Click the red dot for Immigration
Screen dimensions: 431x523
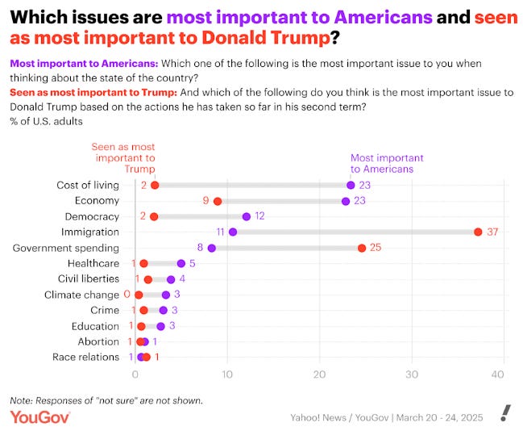point(478,232)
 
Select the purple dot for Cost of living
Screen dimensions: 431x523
point(351,185)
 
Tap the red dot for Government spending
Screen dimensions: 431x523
point(362,248)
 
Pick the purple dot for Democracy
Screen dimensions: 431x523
point(247,216)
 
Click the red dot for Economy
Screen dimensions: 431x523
point(218,201)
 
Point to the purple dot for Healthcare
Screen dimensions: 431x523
point(181,263)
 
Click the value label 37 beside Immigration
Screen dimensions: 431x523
point(493,232)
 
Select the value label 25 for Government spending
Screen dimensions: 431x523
point(376,248)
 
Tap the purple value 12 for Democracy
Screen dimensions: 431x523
point(259,216)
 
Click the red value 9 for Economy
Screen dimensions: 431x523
point(206,201)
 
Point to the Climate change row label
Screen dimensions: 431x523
point(81,295)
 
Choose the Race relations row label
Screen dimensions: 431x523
point(85,358)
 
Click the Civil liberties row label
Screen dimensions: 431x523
point(89,279)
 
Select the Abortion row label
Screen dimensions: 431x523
point(98,341)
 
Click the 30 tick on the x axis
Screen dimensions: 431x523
point(413,375)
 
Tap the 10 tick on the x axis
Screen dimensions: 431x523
point(227,375)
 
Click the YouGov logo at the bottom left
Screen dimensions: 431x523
point(40,416)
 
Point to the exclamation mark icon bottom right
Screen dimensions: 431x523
point(504,413)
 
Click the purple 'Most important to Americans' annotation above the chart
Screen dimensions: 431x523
point(387,163)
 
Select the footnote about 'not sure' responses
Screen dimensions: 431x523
point(106,400)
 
